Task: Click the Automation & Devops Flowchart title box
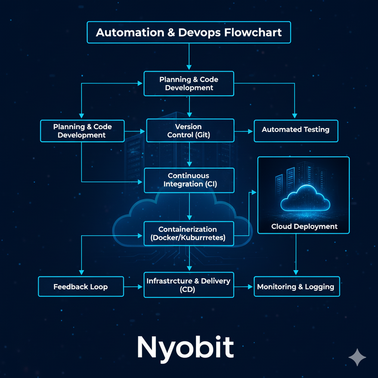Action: (x=189, y=32)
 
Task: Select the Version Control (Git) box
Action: (x=190, y=131)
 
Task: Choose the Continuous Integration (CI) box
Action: (x=189, y=180)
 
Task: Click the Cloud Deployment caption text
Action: (x=304, y=226)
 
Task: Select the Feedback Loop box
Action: (x=80, y=286)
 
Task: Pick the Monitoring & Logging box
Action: (x=296, y=286)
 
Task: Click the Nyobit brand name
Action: (x=185, y=347)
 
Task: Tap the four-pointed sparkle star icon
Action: (x=357, y=357)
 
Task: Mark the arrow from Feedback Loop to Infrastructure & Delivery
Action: (x=134, y=286)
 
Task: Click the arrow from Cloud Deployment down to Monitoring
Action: (x=296, y=255)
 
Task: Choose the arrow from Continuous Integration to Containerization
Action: (x=189, y=207)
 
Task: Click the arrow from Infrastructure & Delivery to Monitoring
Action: (x=244, y=286)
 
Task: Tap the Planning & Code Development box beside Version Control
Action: (x=82, y=131)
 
